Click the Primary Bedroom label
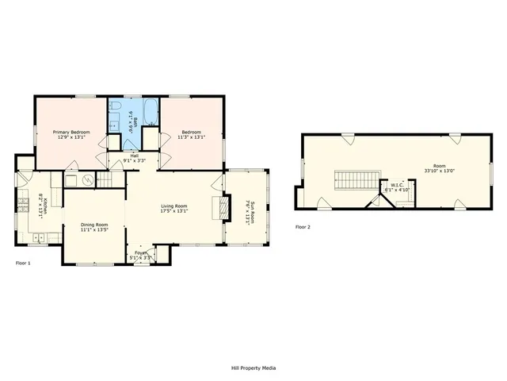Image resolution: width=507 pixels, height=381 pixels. (x=71, y=132)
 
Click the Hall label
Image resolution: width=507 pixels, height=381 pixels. (x=135, y=156)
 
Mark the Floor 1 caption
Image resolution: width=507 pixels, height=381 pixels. (x=23, y=263)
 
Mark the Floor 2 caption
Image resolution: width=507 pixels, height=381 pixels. (x=303, y=227)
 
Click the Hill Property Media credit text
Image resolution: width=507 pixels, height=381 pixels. (x=253, y=368)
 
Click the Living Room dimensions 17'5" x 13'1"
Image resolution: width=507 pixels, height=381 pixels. (x=173, y=211)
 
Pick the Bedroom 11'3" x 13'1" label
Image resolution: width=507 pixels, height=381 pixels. (x=193, y=134)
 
